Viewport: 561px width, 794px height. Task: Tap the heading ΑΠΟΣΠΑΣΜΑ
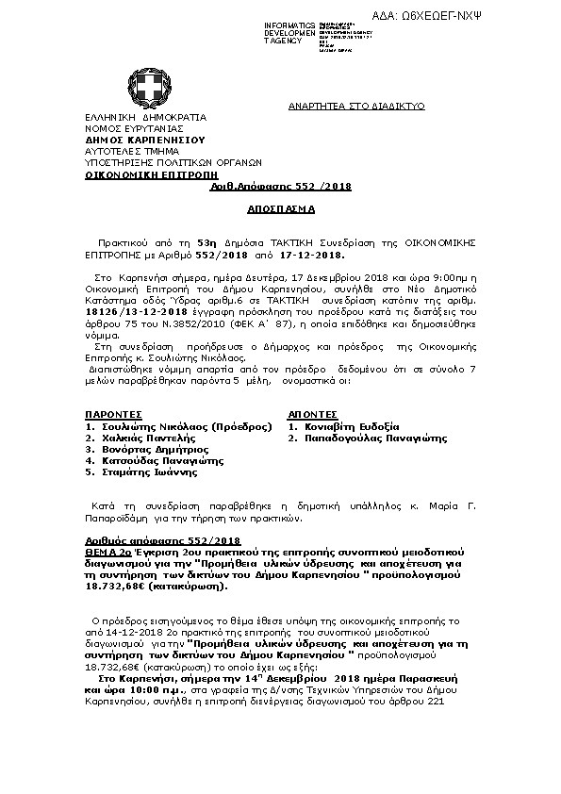(281, 206)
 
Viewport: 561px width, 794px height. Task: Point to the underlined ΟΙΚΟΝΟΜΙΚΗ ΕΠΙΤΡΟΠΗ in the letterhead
(138, 175)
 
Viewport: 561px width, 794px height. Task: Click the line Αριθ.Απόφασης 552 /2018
(280, 187)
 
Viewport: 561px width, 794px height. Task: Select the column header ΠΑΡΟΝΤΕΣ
(113, 413)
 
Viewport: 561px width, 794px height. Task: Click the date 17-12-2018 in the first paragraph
(321, 255)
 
